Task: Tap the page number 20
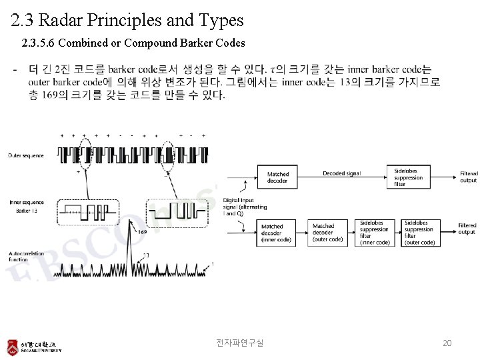point(447,343)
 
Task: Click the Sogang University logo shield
point(13,347)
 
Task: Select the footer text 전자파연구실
point(240,343)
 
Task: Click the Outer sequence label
point(26,156)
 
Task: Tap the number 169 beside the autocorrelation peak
point(143,233)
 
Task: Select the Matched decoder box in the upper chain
point(277,177)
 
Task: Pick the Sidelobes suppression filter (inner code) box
point(374,233)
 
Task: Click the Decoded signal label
point(341,173)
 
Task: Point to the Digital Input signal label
point(245,207)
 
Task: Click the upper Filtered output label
point(468,177)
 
